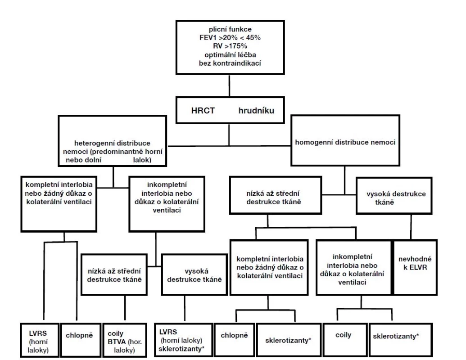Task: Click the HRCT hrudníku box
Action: pyautogui.click(x=230, y=110)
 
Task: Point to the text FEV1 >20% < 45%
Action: pyautogui.click(x=230, y=38)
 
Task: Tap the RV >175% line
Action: pyautogui.click(x=230, y=46)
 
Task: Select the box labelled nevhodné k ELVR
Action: pyautogui.click(x=415, y=267)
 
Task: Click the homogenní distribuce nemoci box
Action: pyautogui.click(x=345, y=140)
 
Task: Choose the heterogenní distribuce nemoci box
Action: pyautogui.click(x=113, y=141)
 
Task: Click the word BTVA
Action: pyautogui.click(x=117, y=342)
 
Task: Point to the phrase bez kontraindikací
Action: pyautogui.click(x=230, y=63)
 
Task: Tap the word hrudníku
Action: pyautogui.click(x=256, y=111)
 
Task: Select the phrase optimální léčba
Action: pyautogui.click(x=230, y=55)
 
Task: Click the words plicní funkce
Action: pyautogui.click(x=230, y=29)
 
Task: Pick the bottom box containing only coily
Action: pyautogui.click(x=345, y=339)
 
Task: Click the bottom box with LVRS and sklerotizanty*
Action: pyautogui.click(x=184, y=340)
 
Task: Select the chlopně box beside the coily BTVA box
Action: pyautogui.click(x=81, y=340)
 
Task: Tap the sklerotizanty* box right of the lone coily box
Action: pyautogui.click(x=401, y=339)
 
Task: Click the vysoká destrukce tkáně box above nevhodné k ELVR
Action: pyautogui.click(x=394, y=196)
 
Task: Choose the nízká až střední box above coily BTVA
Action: pyautogui.click(x=114, y=274)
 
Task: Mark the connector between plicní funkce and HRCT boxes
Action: pyautogui.click(x=230, y=85)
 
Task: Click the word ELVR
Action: pyautogui.click(x=418, y=267)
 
